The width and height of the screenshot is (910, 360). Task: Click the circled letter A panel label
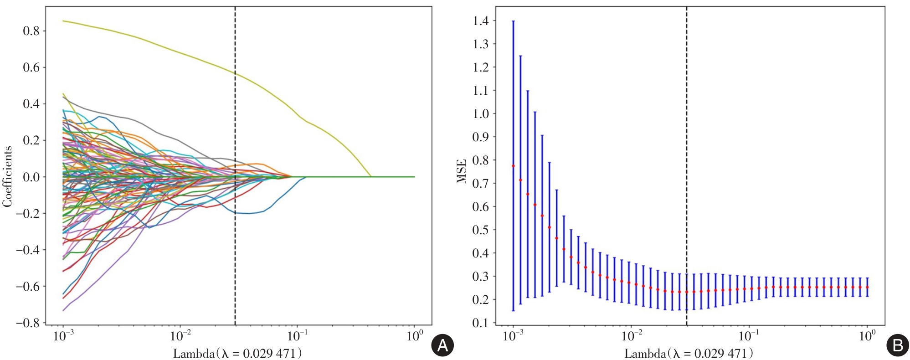[442, 346]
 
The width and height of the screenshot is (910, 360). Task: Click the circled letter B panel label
[897, 346]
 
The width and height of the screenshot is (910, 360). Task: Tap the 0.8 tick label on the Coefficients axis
[31, 31]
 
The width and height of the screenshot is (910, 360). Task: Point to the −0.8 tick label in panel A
[28, 323]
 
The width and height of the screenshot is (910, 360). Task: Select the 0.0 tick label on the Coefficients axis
[31, 177]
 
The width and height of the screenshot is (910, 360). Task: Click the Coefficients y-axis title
[7, 177]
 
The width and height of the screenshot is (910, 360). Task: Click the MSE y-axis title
[462, 171]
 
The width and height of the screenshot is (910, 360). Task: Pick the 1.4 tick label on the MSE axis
[480, 21]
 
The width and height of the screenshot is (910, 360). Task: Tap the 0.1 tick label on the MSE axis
[480, 323]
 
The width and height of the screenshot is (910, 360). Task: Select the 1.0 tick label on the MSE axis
[480, 114]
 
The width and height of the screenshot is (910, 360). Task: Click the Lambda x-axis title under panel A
[237, 353]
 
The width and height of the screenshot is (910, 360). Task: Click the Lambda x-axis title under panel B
[689, 353]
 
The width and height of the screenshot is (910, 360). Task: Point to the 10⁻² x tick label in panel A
[180, 336]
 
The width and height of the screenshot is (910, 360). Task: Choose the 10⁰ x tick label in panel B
[867, 336]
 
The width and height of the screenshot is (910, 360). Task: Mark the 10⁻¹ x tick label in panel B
[749, 336]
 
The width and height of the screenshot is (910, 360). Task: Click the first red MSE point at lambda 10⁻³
[513, 166]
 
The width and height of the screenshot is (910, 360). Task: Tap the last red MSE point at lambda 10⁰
[867, 287]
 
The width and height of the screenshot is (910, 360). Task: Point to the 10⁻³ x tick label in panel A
[63, 336]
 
